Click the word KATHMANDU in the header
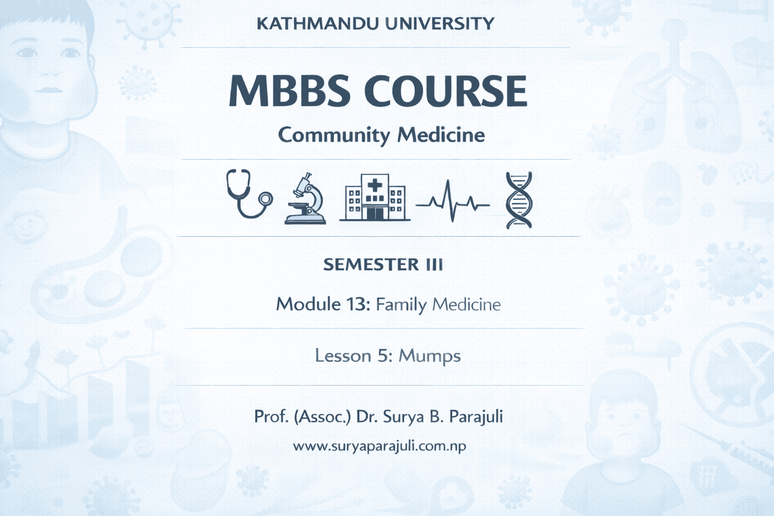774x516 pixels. pos(316,23)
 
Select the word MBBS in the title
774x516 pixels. pos(289,90)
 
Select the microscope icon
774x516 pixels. pos(305,198)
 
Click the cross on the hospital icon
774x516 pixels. pos(375,186)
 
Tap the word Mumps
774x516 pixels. pos(430,356)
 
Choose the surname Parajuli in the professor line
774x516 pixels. pos(476,417)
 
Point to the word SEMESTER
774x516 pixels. pos(371,265)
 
